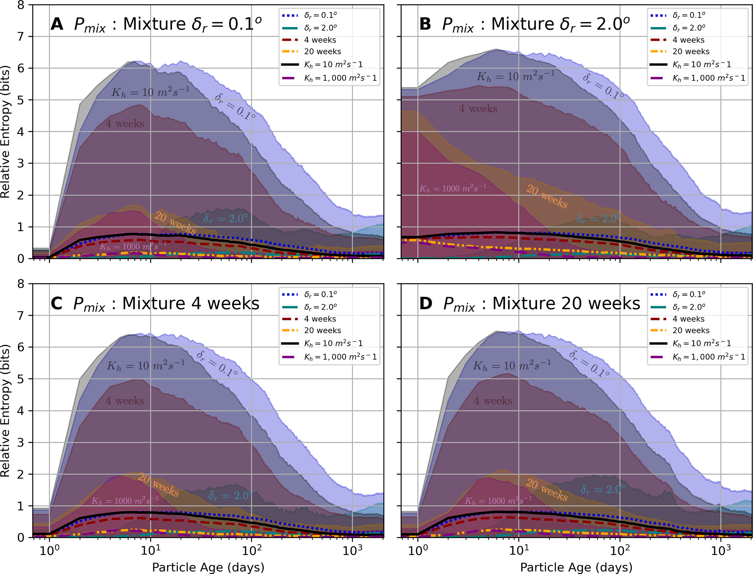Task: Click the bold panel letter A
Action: coord(57,25)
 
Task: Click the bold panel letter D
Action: coord(425,304)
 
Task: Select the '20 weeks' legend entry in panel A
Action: coord(322,52)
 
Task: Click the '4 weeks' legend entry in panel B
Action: coord(688,40)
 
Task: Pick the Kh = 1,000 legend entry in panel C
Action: coord(340,357)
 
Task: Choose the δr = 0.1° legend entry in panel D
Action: coord(689,294)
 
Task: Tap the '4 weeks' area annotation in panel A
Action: coord(125,124)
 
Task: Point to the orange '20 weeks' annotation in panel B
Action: coord(547,197)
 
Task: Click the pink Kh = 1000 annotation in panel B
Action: coord(452,188)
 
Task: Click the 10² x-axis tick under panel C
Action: coord(251,551)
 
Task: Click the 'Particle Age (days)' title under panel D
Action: coord(576,567)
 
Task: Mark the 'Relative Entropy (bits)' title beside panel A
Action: coord(5,132)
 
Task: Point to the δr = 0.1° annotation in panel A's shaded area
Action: coord(235,107)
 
